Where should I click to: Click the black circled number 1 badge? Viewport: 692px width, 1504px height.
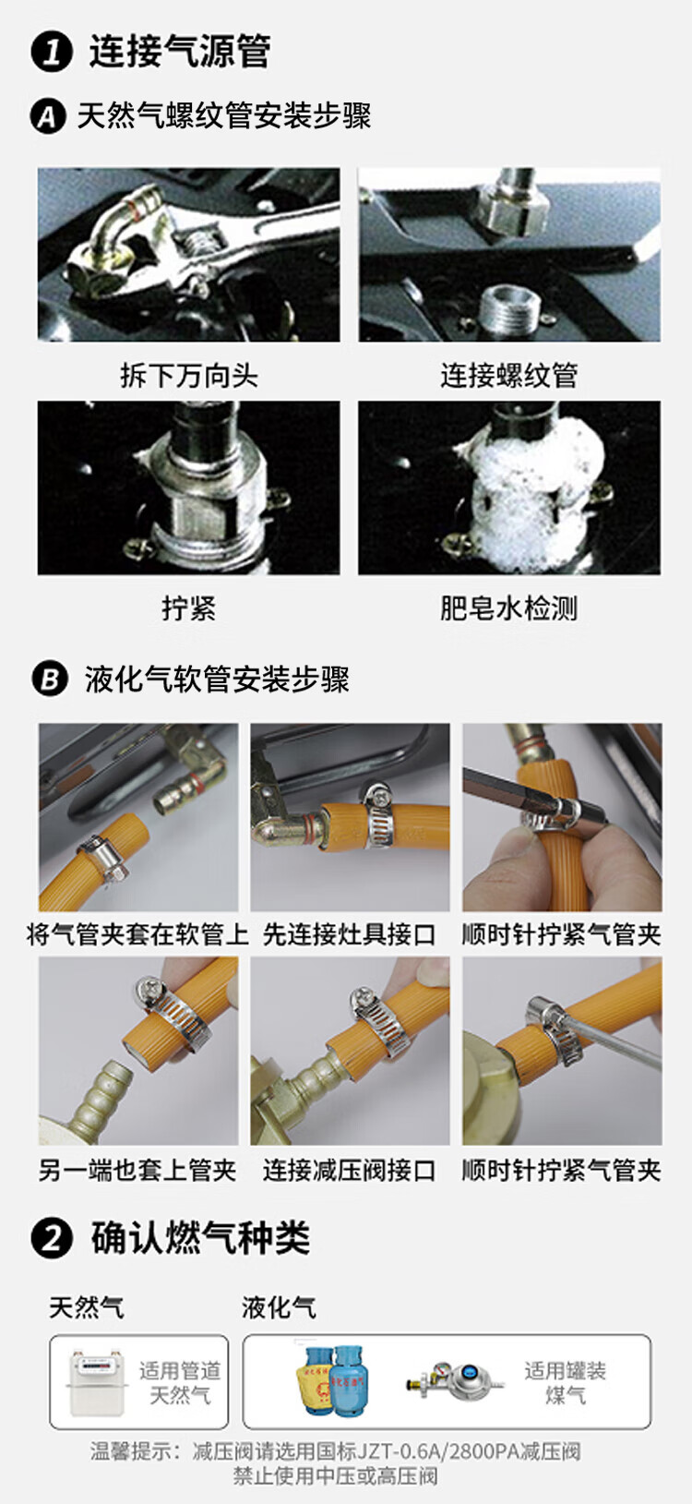pyautogui.click(x=51, y=53)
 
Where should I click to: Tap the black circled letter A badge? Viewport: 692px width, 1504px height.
pyautogui.click(x=48, y=117)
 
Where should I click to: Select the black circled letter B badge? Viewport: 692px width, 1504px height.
pyautogui.click(x=50, y=679)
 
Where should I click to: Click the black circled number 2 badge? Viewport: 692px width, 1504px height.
pyautogui.click(x=51, y=1238)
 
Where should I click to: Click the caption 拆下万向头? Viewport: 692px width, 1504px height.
pyautogui.click(x=188, y=375)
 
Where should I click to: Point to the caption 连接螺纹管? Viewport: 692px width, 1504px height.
pyautogui.click(x=508, y=375)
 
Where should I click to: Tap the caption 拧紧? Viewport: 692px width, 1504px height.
pyautogui.click(x=188, y=608)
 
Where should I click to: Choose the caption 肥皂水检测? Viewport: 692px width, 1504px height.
pyautogui.click(x=508, y=608)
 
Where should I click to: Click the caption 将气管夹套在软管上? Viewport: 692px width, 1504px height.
pyautogui.click(x=137, y=934)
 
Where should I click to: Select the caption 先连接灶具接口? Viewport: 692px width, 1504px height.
pyautogui.click(x=349, y=934)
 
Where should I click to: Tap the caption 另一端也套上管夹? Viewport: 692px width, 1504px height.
pyautogui.click(x=137, y=1171)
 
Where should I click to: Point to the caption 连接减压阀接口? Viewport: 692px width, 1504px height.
pyautogui.click(x=349, y=1171)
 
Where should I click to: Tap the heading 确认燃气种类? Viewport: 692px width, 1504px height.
pyautogui.click(x=200, y=1238)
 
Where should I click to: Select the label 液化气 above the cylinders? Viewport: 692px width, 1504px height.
pyautogui.click(x=279, y=1306)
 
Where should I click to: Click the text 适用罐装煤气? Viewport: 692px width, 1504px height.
pyautogui.click(x=566, y=1382)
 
